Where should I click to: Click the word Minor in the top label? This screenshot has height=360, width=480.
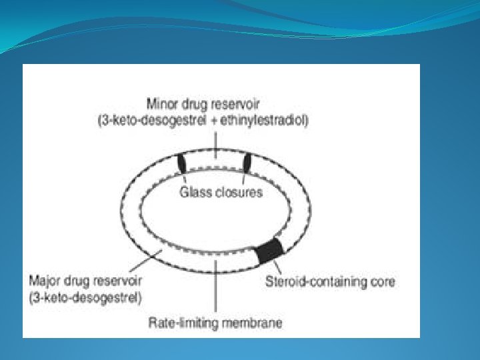(x=163, y=104)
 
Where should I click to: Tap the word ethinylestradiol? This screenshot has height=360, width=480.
(x=266, y=121)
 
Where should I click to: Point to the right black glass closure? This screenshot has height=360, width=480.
(x=247, y=163)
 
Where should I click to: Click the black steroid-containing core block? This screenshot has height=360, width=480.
(x=270, y=250)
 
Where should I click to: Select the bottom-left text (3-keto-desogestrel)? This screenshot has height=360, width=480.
(x=85, y=297)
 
